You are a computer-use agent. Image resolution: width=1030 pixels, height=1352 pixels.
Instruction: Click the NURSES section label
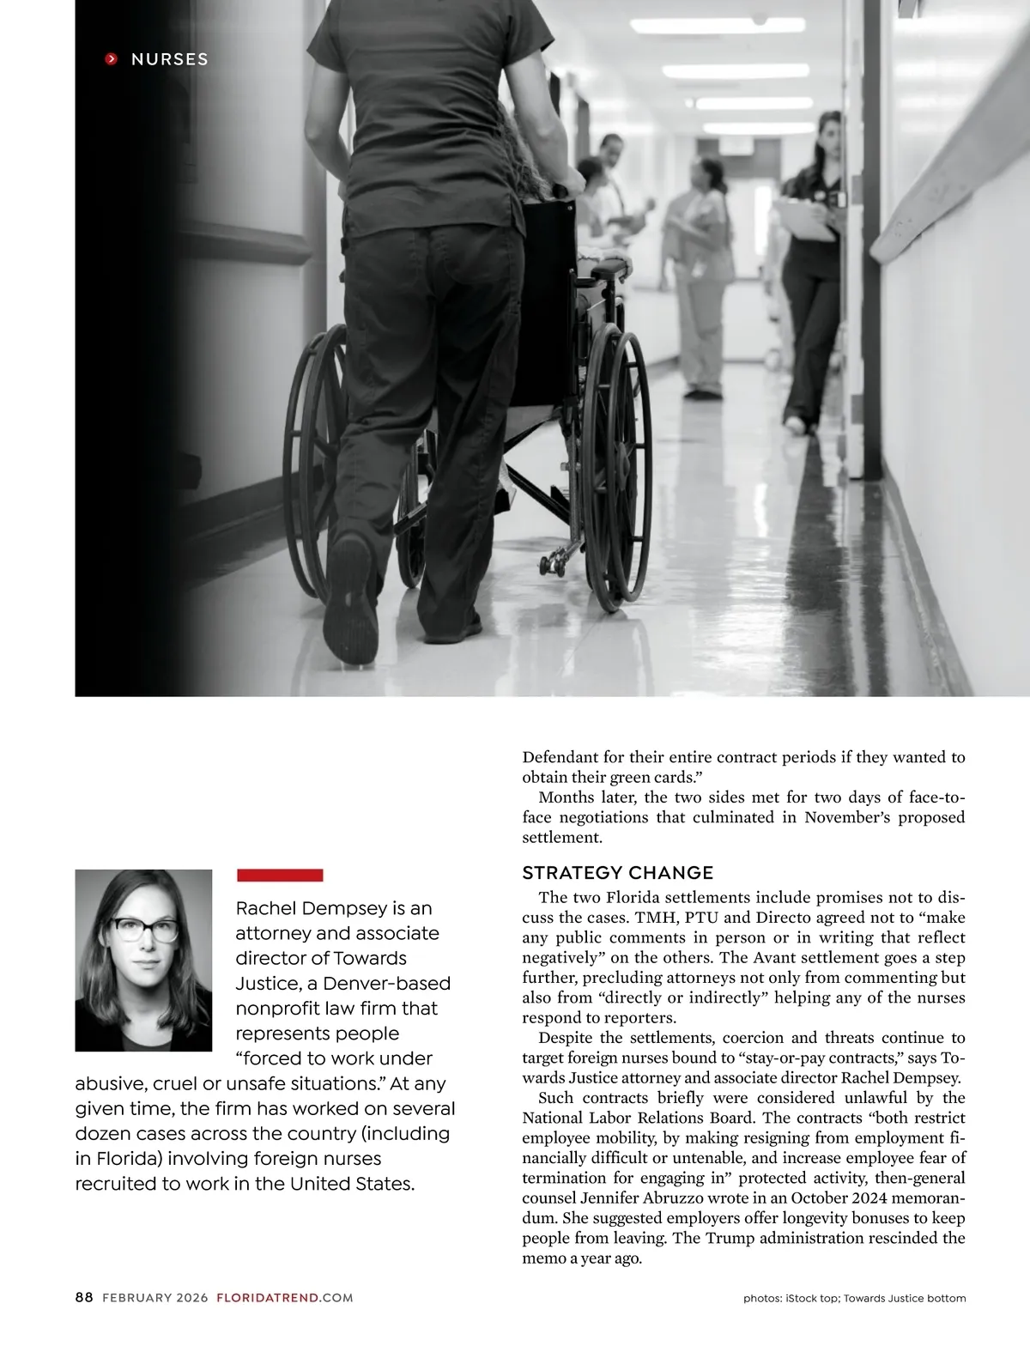pos(169,59)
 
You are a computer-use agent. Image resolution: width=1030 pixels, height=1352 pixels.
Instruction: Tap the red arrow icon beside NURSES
pos(111,59)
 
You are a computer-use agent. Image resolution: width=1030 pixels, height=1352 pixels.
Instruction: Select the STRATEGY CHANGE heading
pos(618,873)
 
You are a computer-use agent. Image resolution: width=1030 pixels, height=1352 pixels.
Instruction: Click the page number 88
pos(84,1298)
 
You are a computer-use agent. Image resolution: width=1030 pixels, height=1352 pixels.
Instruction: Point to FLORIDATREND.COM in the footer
pos(285,1298)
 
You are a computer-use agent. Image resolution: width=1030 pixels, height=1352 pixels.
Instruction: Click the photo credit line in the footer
pos(854,1299)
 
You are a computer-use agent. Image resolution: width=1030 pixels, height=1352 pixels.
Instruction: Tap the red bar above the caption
pos(280,875)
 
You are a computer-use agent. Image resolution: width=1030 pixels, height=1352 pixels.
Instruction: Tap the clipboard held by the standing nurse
pos(806,220)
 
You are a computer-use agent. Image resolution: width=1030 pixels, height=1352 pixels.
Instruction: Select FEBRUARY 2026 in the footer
pos(154,1298)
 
